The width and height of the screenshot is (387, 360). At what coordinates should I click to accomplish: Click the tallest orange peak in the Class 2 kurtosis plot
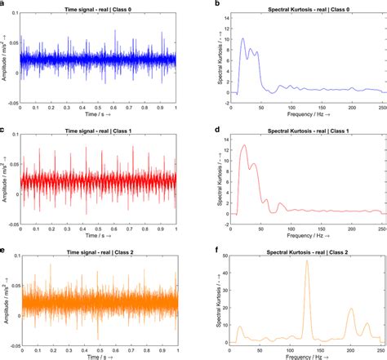click(306, 262)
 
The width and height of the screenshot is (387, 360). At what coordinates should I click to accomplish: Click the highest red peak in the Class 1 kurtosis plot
click(243, 145)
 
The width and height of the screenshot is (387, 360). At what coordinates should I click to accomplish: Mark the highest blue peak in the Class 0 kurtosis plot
click(242, 38)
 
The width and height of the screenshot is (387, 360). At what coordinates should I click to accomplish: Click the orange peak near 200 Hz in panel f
click(351, 309)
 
